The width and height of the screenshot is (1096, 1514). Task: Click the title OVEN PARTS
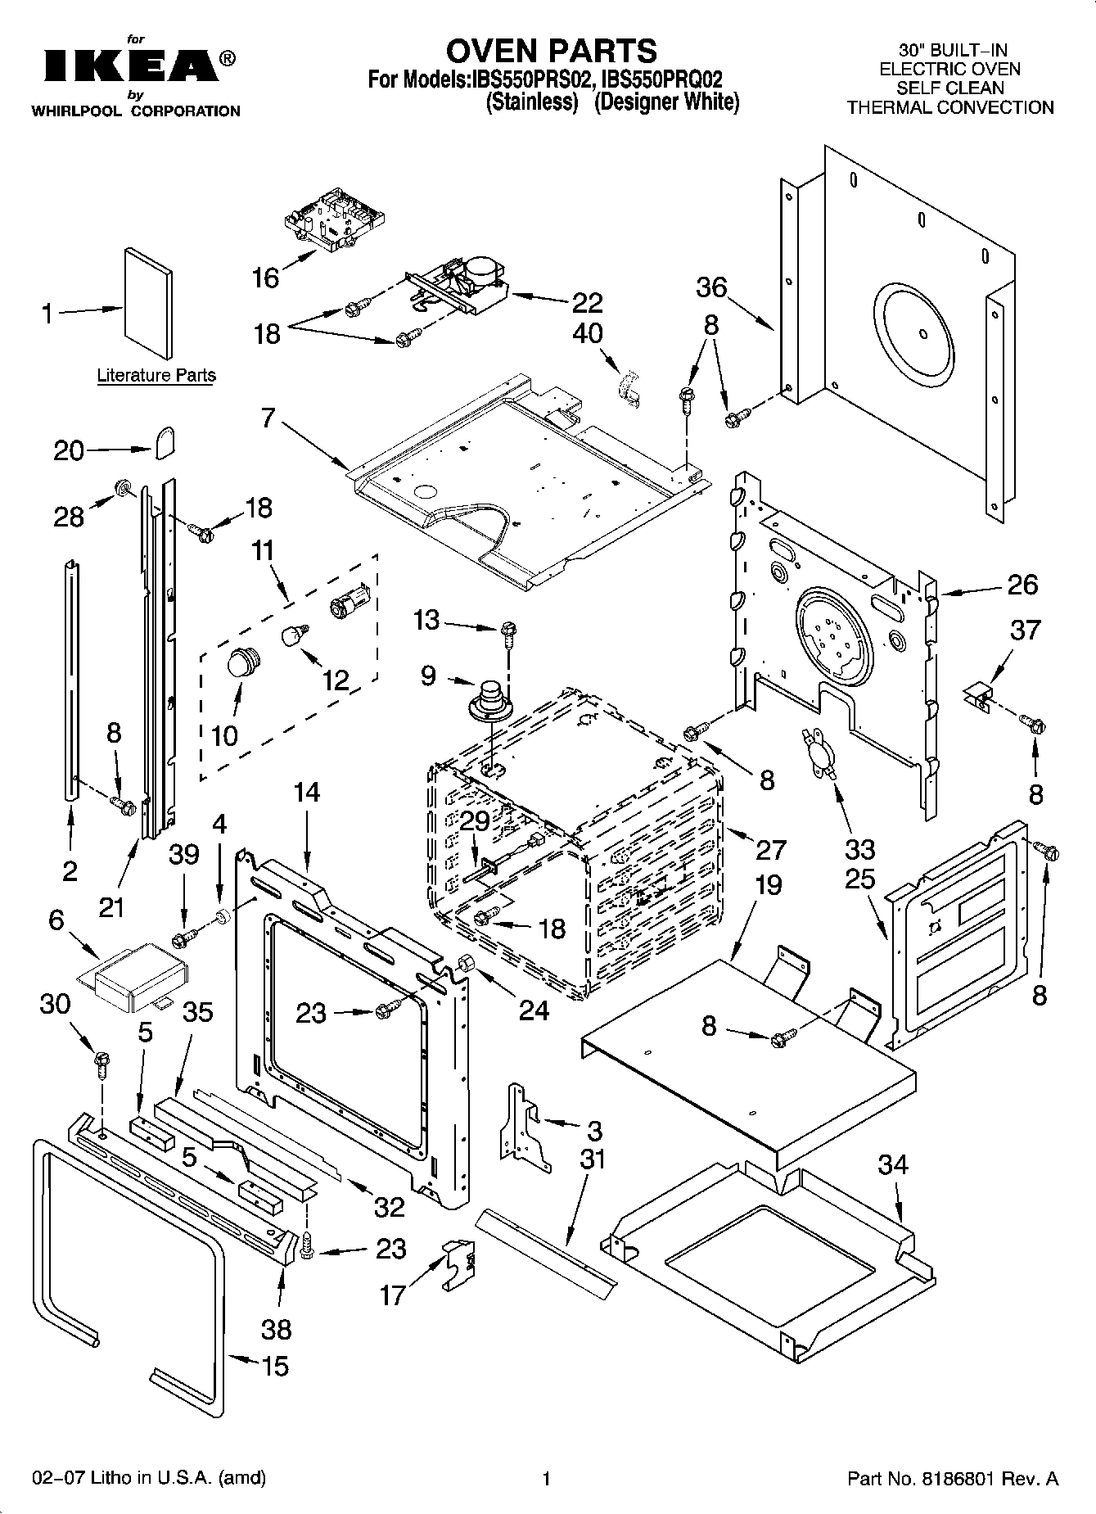551,51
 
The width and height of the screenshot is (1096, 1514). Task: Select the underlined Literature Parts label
156,376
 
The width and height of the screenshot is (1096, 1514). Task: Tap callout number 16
265,278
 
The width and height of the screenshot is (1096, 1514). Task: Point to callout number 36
711,287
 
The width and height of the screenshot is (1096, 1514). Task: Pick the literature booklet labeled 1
148,303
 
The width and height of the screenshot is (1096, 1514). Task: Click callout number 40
588,333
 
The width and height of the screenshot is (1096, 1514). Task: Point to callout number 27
770,850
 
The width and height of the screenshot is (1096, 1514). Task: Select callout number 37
1025,630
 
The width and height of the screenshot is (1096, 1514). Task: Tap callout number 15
275,1366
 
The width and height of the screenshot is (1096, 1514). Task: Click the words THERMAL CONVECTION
949,107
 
